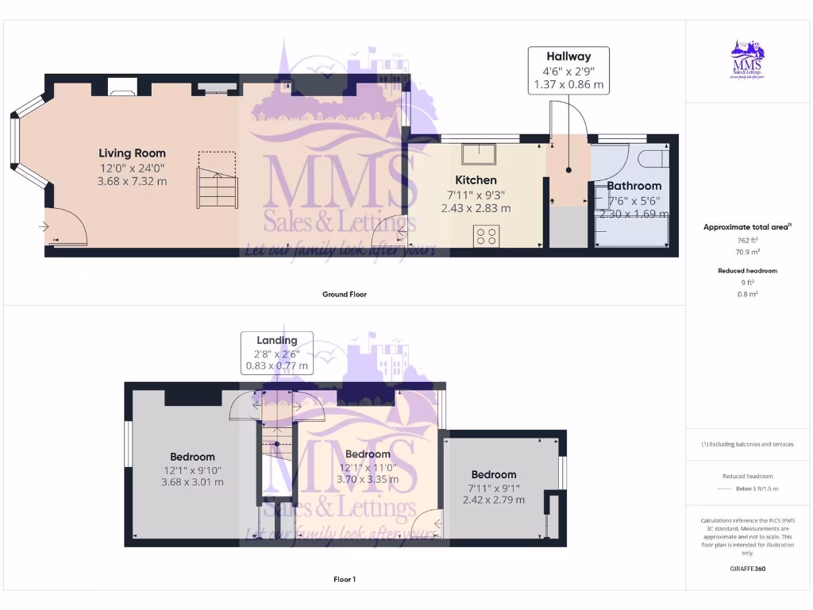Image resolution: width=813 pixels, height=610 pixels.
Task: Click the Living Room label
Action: pos(132,153)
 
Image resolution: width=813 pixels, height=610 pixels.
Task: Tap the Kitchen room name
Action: pos(476,180)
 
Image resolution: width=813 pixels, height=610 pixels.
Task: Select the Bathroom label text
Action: pos(634,186)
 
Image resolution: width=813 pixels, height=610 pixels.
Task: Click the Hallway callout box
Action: pos(568,70)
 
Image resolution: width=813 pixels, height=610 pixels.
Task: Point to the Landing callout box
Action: pos(276,353)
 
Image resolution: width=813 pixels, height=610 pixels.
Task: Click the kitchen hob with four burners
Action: pos(486,236)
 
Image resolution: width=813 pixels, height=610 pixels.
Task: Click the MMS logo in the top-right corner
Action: pos(746,62)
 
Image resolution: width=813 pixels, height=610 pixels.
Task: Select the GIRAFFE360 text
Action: pos(748,569)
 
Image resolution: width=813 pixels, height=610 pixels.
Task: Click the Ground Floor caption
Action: pos(344,295)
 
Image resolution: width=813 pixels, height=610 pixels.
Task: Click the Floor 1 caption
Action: pos(344,580)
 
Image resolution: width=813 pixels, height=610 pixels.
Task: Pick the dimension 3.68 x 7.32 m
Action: pos(132,181)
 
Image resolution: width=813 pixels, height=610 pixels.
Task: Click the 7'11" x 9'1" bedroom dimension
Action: pos(493,488)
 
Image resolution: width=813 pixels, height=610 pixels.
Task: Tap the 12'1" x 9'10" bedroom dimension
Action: pos(192,469)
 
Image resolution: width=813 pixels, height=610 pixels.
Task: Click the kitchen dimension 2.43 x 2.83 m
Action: pos(476,208)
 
